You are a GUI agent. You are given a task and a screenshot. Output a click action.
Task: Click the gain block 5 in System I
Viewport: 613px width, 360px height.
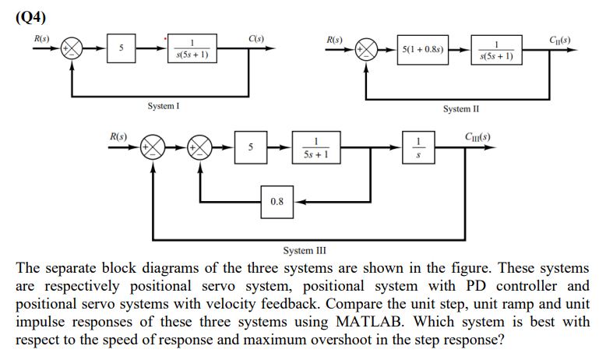click(x=121, y=48)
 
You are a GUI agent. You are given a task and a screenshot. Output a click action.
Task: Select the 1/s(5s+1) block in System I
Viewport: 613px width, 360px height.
click(x=192, y=48)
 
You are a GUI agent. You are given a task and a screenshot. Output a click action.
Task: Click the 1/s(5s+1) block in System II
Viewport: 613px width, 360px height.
click(x=496, y=48)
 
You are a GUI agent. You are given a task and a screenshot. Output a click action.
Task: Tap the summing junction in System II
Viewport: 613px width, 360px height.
click(x=366, y=48)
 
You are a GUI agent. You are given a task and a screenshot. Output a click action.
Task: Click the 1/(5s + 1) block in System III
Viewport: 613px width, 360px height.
click(x=315, y=147)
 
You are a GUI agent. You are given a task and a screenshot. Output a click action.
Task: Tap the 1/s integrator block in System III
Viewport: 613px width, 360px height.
click(x=420, y=147)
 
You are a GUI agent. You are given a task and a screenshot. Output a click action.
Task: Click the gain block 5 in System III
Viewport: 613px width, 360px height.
click(x=250, y=147)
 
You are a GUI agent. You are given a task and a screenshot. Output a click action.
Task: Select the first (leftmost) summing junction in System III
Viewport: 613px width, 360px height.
click(x=153, y=147)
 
